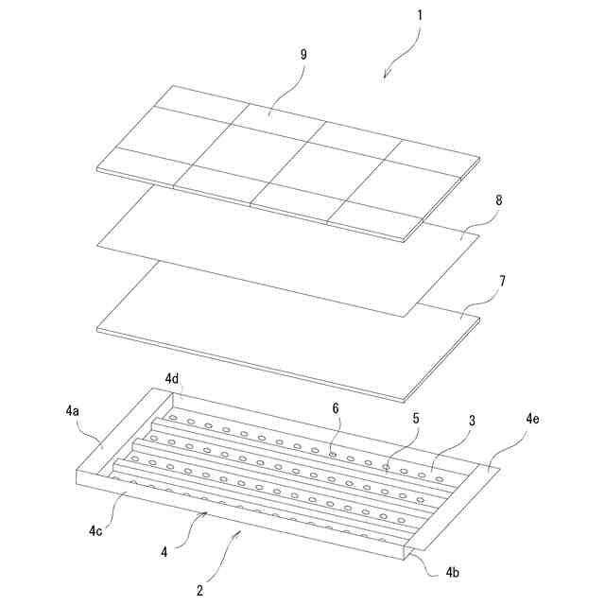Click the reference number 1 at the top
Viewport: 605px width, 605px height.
click(420, 15)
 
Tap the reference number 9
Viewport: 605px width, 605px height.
click(303, 55)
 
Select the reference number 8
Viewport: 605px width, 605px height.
click(499, 200)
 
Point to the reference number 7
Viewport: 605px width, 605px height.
click(502, 282)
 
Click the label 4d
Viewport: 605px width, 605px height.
click(172, 379)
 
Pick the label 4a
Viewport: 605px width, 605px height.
click(72, 411)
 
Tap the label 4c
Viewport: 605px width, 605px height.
click(95, 531)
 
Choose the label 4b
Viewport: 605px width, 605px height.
click(453, 572)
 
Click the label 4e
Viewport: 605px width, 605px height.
click(532, 419)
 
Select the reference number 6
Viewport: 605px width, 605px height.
click(336, 408)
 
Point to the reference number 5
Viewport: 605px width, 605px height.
click(416, 418)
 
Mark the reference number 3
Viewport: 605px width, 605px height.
click(473, 421)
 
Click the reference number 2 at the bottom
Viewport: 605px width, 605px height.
click(199, 590)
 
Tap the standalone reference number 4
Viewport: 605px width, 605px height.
click(164, 552)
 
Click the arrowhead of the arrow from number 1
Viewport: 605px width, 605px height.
click(385, 78)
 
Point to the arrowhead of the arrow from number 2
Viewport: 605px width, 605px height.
click(240, 532)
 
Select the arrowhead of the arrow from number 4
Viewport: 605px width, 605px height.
click(206, 512)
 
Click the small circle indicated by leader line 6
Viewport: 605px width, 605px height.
click(333, 455)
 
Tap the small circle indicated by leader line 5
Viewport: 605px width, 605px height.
click(386, 467)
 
